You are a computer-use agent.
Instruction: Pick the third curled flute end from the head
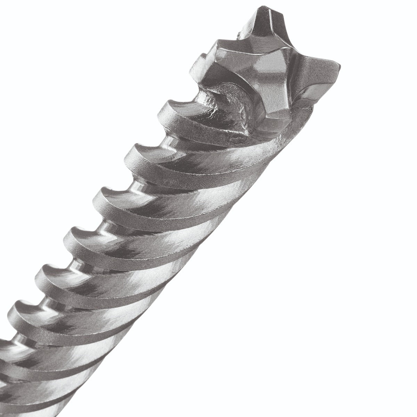106,193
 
